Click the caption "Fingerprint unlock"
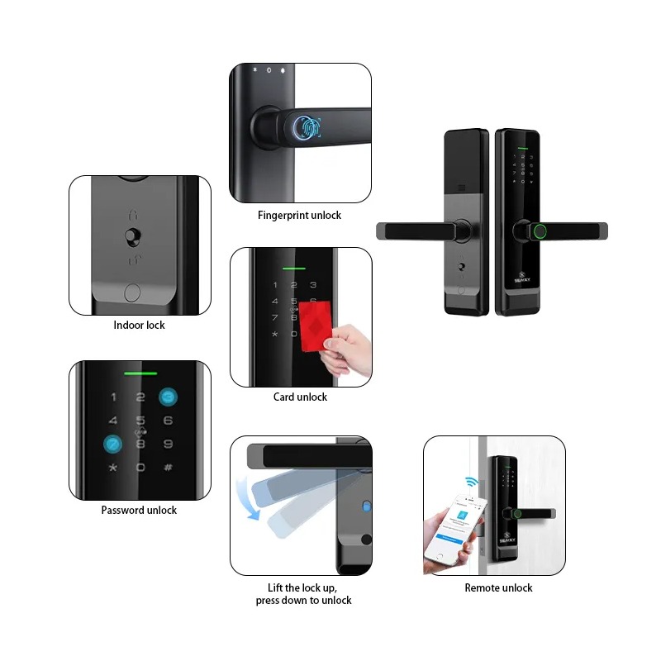click(x=299, y=216)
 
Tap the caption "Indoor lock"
click(x=139, y=326)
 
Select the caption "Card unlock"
click(x=300, y=397)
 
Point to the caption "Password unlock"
click(x=139, y=511)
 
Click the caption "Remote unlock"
click(x=498, y=588)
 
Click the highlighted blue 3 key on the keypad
click(x=169, y=397)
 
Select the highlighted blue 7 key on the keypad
click(x=112, y=444)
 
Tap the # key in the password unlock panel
click(x=168, y=468)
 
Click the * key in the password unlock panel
click(x=112, y=468)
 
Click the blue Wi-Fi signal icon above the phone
click(x=472, y=481)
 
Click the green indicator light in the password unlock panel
click(x=140, y=373)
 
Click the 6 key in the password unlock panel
click(x=168, y=421)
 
